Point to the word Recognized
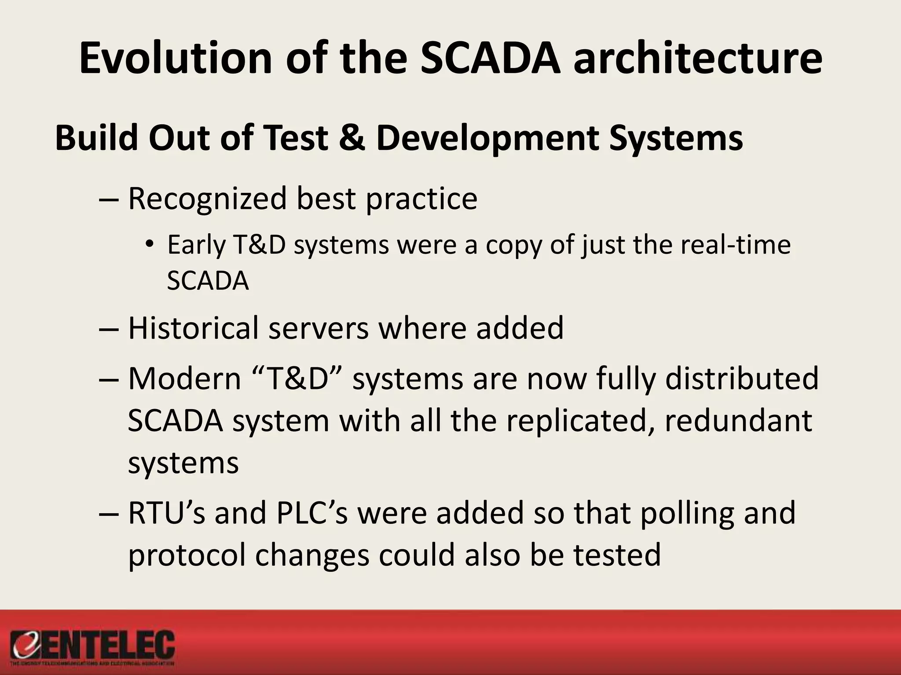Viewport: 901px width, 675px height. click(x=207, y=199)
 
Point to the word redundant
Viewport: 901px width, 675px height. click(x=738, y=421)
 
